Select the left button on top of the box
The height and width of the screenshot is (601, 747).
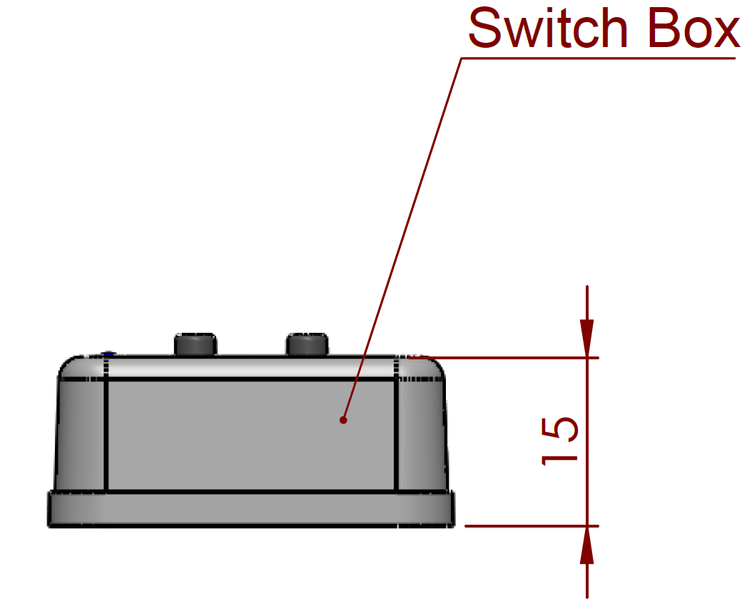195,344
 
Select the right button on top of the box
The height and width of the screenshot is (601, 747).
307,344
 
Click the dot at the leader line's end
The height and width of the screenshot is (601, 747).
343,420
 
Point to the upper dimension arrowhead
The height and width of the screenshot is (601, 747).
586,339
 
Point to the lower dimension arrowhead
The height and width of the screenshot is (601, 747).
586,545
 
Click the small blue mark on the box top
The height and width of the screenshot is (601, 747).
108,354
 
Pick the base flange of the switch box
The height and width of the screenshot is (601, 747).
250,509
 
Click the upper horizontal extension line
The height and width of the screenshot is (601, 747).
499,357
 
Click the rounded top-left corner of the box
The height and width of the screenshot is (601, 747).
68,366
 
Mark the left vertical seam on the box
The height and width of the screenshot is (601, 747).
106,435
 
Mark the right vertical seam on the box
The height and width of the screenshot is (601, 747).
396,435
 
